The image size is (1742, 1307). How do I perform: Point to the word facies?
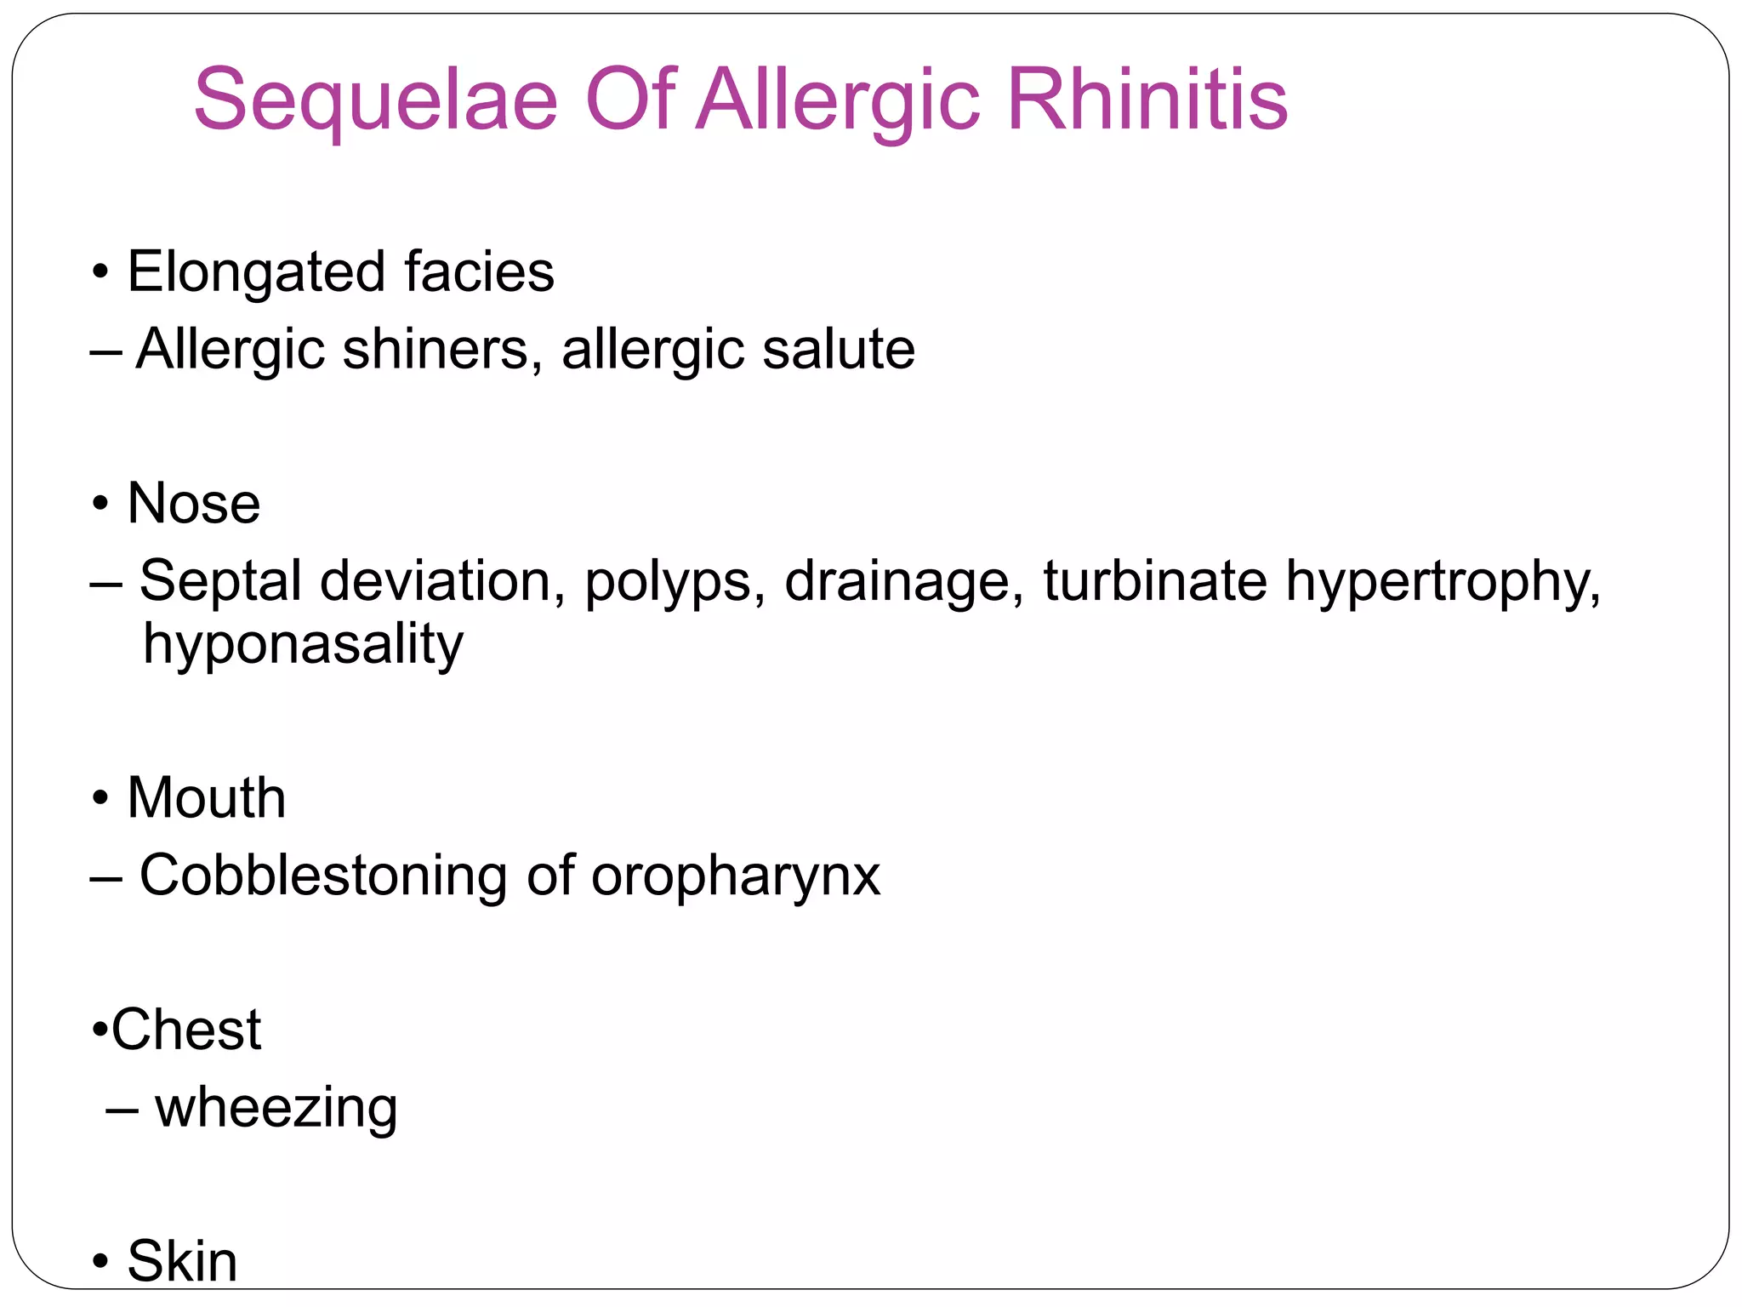click(479, 272)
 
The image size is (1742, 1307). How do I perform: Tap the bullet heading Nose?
click(194, 503)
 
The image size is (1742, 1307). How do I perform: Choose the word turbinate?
click(1155, 581)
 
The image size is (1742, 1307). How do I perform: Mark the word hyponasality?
click(303, 645)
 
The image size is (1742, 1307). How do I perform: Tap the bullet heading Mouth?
click(207, 798)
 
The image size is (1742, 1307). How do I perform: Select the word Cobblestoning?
click(323, 876)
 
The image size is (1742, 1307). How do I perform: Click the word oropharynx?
click(736, 877)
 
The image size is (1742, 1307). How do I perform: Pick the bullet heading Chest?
click(186, 1030)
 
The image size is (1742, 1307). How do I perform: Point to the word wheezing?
click(276, 1109)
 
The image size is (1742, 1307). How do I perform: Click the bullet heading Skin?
click(182, 1261)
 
